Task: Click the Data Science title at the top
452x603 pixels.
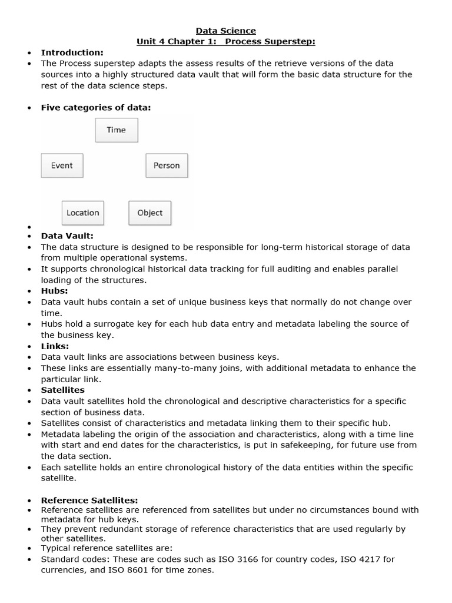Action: point(226,31)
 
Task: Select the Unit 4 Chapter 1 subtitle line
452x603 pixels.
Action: point(226,41)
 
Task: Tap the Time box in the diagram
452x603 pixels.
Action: point(117,130)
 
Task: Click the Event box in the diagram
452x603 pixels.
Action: point(62,165)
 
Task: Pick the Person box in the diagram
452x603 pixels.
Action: point(167,165)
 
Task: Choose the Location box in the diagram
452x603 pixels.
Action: point(83,213)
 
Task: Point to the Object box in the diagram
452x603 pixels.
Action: point(149,213)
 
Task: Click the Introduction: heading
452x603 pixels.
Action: point(72,52)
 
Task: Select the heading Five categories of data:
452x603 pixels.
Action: point(95,107)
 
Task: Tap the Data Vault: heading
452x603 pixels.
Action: point(67,236)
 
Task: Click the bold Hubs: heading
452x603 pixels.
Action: point(54,291)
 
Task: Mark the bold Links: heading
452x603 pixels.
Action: point(55,346)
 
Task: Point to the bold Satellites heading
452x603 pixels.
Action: point(62,390)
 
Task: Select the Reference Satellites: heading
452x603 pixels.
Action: point(89,500)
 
